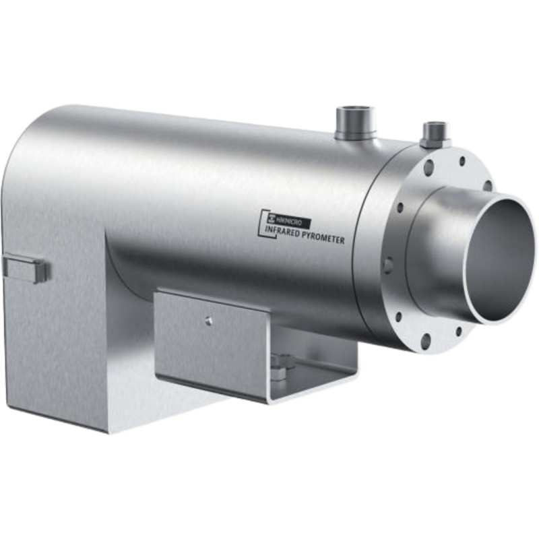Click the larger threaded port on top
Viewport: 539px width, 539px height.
click(x=355, y=123)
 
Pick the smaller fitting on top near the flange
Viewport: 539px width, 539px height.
click(x=436, y=134)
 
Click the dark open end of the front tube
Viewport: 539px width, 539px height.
click(x=501, y=257)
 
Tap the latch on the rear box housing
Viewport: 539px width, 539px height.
click(x=26, y=269)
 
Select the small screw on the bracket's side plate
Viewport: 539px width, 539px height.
click(x=208, y=321)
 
